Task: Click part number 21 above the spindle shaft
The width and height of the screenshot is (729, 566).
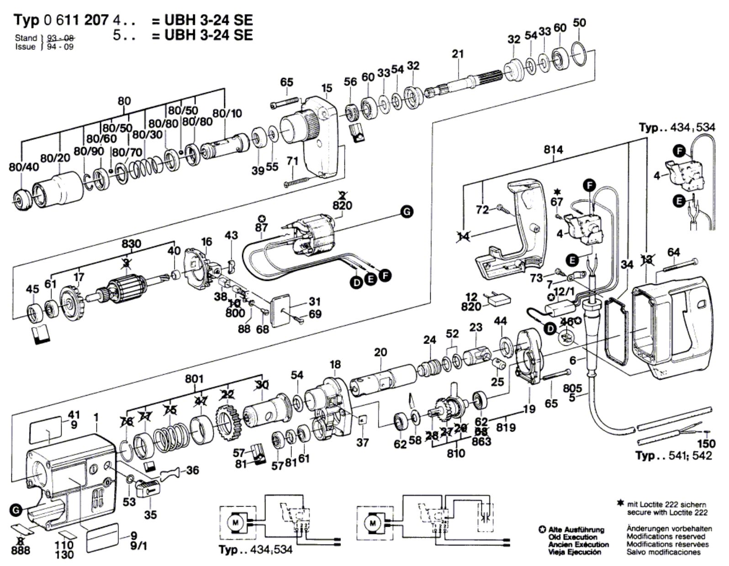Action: click(458, 54)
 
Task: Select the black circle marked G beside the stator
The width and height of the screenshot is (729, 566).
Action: click(406, 211)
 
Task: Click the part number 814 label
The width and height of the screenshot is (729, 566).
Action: click(553, 149)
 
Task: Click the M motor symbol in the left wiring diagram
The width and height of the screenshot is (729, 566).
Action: click(236, 522)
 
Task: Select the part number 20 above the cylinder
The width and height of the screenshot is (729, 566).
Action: click(380, 352)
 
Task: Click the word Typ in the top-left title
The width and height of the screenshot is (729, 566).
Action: click(27, 20)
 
